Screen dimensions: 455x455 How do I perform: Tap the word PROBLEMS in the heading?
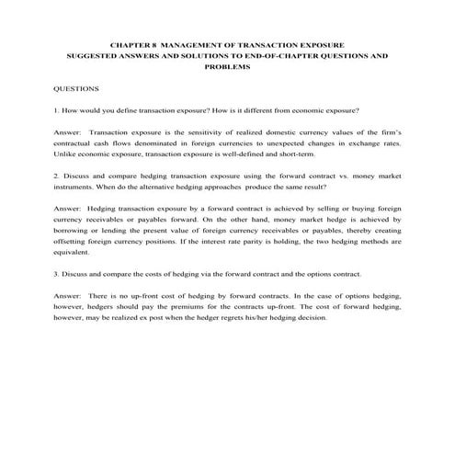point(227,67)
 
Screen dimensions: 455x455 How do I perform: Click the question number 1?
point(57,109)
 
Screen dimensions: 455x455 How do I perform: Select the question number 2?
point(57,173)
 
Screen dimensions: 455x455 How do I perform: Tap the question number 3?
point(57,272)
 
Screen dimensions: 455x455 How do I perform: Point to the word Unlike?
point(66,156)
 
